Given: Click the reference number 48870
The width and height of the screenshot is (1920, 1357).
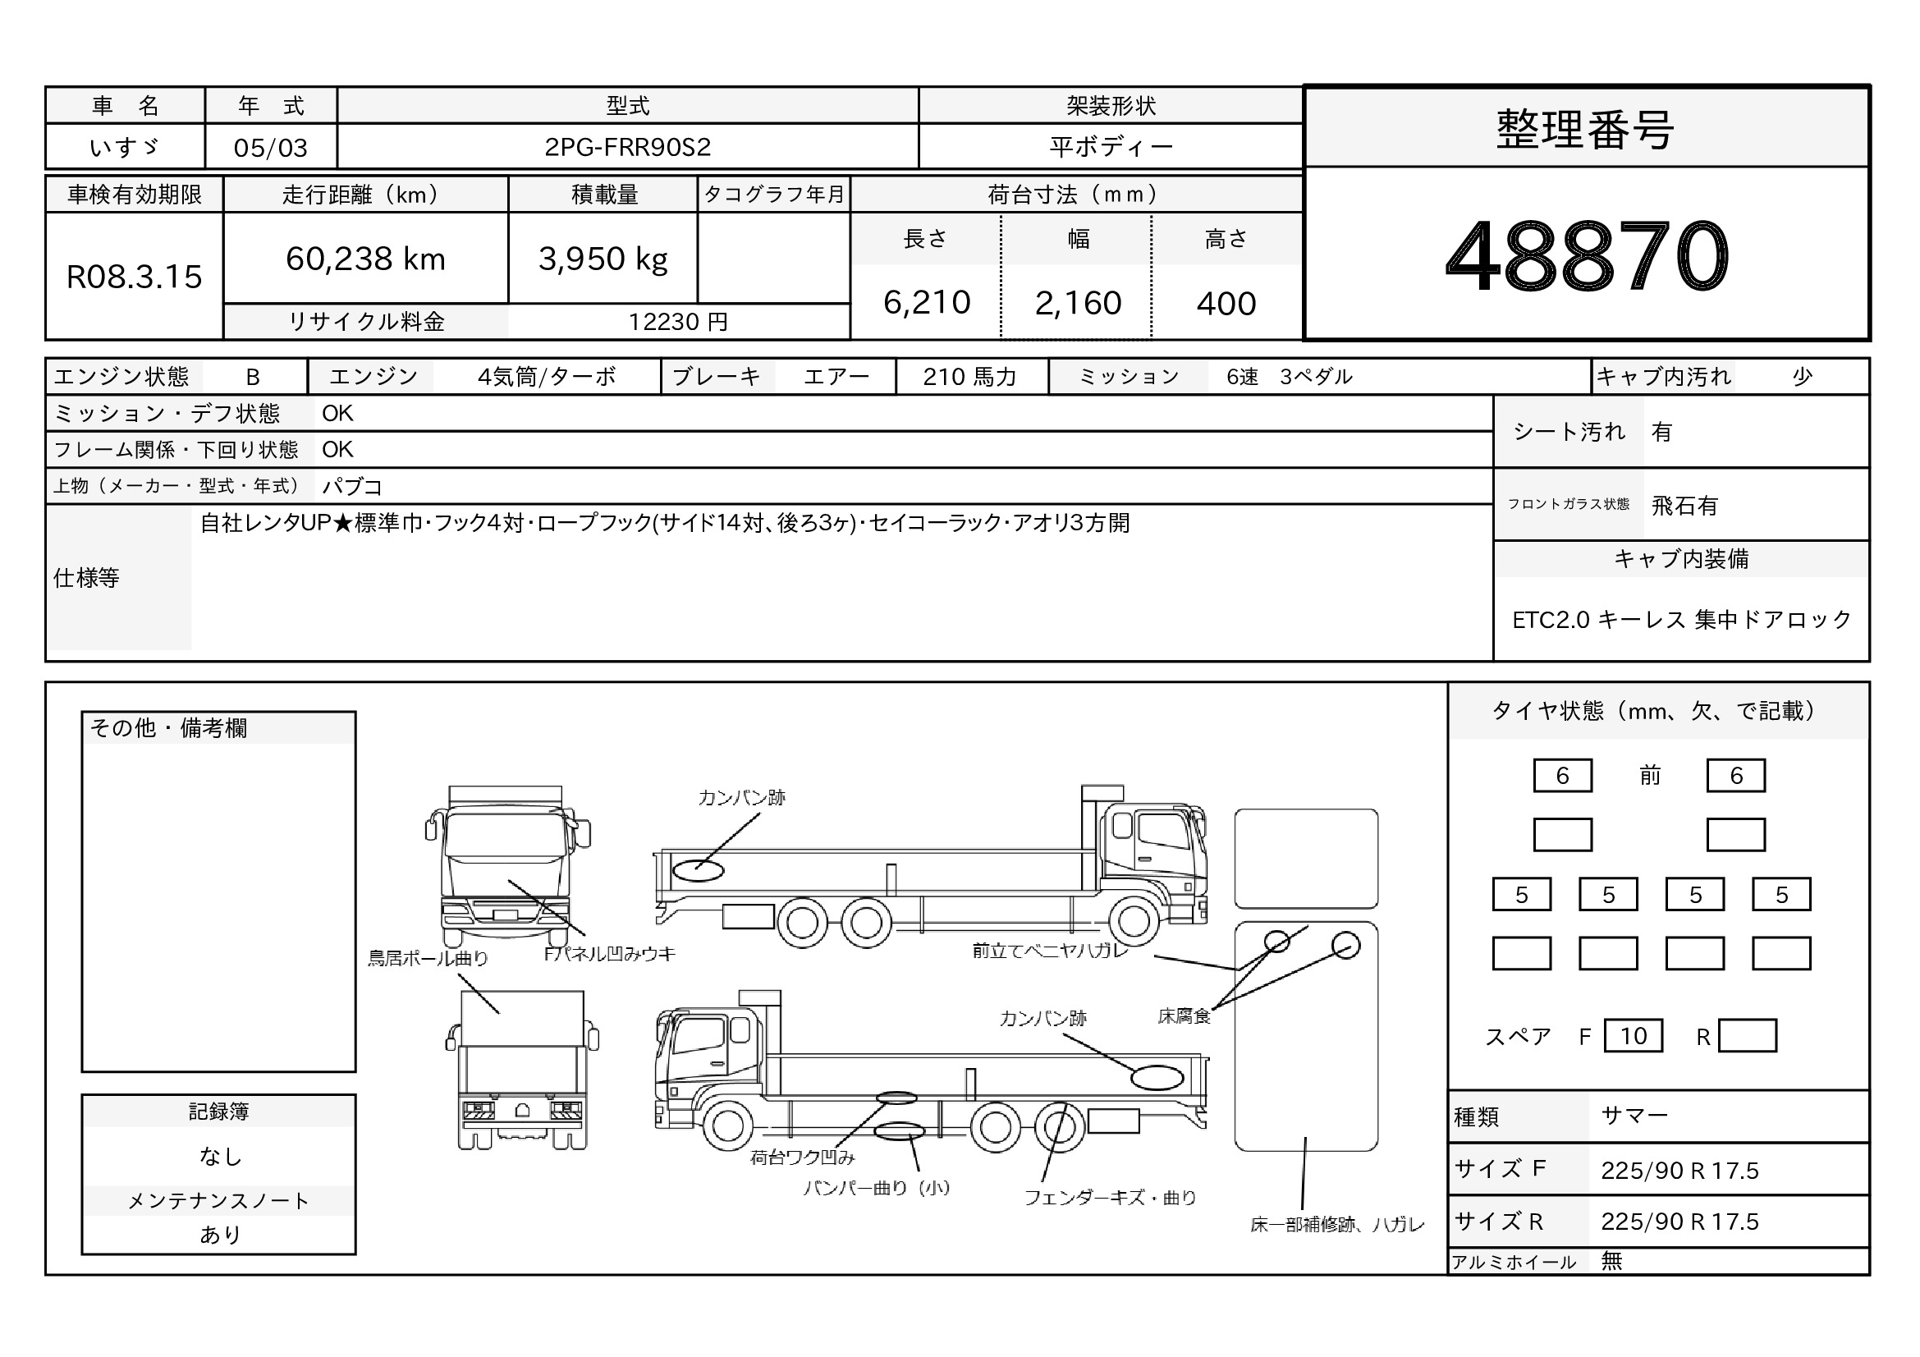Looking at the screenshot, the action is click(x=1587, y=255).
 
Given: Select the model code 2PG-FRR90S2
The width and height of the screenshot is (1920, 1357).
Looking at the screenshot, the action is click(x=627, y=147).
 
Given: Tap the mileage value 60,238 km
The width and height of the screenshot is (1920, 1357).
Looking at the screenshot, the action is click(x=365, y=259).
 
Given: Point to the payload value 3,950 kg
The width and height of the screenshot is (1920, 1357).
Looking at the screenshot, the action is click(x=603, y=259).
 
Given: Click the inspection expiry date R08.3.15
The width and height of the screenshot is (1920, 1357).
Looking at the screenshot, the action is click(x=134, y=277).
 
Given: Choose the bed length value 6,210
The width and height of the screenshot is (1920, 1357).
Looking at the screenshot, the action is click(x=927, y=303).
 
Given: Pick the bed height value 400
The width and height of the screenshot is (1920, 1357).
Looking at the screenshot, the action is click(x=1226, y=304).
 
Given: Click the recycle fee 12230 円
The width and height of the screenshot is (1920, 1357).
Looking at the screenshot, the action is click(x=678, y=322).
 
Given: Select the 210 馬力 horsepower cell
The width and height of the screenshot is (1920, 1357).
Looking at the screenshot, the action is click(x=970, y=377).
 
